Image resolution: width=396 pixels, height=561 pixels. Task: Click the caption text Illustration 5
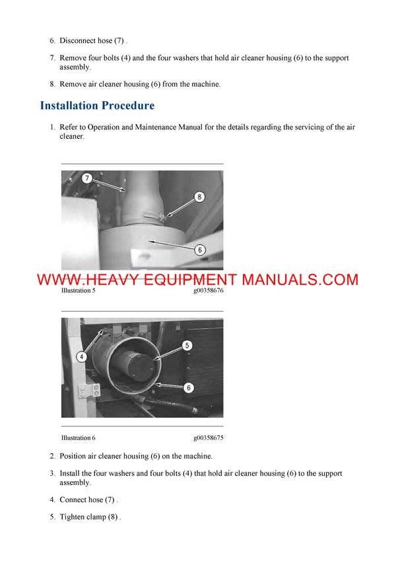[x=78, y=291]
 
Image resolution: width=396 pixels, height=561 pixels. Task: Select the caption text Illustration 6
[x=78, y=438]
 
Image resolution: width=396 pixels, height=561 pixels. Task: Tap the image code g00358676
[x=208, y=291]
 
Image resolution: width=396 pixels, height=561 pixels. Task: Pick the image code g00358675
[x=208, y=438]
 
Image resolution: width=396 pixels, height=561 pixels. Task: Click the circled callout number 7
[x=87, y=178]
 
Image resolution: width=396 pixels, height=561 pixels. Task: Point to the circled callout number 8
[x=199, y=196]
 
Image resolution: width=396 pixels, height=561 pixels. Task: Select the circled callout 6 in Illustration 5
[x=199, y=250]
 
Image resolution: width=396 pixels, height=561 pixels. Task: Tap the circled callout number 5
[x=187, y=345]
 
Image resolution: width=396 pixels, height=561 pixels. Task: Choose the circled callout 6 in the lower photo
[x=189, y=388]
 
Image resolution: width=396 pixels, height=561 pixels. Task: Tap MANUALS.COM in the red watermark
[x=300, y=280]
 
